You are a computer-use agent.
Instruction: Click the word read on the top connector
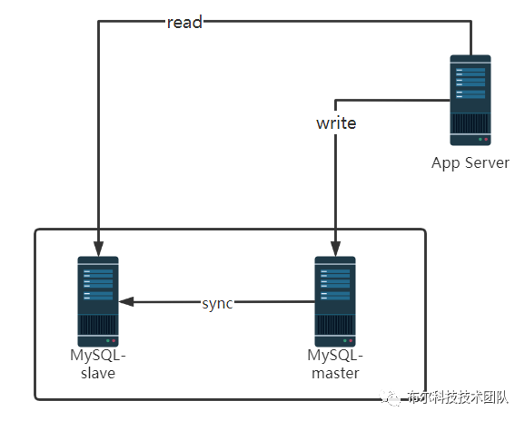184,23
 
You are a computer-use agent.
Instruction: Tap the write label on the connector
336,123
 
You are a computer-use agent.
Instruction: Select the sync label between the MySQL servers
217,304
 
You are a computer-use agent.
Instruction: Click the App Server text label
471,163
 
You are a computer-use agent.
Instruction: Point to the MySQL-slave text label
98,364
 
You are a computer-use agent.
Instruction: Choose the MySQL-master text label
335,364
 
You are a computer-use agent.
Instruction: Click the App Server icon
471,101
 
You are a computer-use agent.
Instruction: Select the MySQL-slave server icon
98,301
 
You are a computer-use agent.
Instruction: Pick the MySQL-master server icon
335,301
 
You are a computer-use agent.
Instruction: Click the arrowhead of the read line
98,249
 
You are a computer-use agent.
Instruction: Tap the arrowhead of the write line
335,249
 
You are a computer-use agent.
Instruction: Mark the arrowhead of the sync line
126,301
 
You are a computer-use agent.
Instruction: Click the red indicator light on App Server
486,139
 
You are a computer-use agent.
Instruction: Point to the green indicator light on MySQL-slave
108,341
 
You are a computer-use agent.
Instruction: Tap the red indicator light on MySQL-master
351,341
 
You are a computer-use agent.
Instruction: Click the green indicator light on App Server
480,139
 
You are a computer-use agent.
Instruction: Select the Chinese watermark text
458,397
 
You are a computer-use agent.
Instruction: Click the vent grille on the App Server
471,123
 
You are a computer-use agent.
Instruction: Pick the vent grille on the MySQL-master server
335,324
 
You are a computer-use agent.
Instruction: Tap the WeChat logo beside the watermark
390,397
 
